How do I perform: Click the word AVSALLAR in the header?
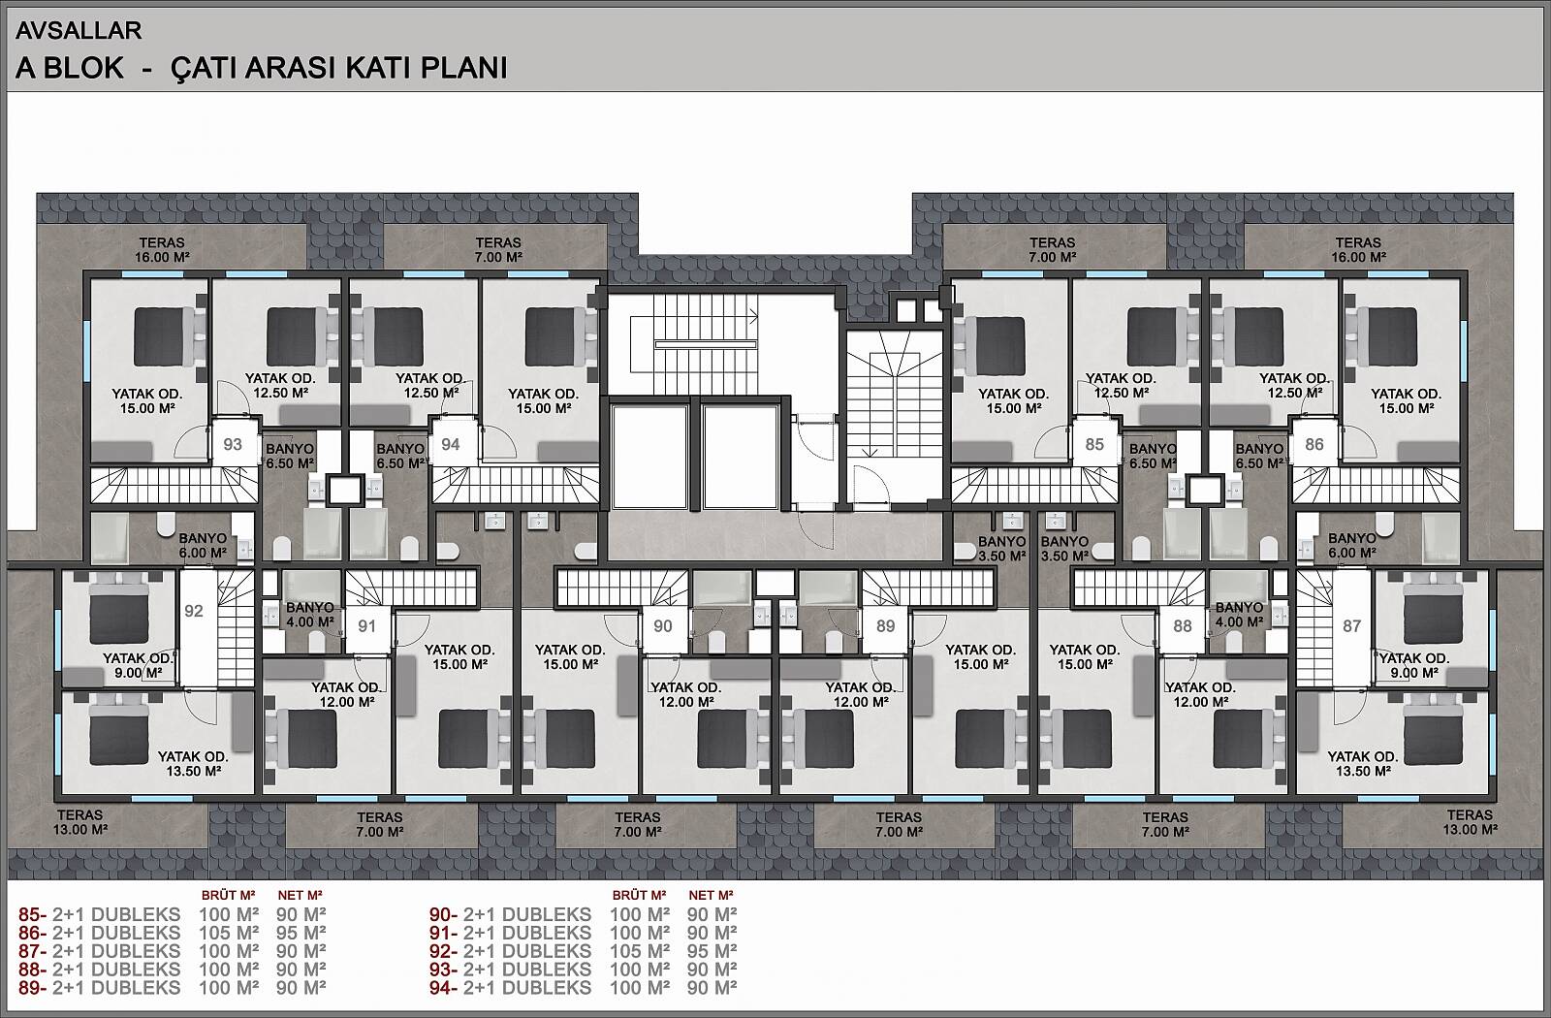[x=79, y=30]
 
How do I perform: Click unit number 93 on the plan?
[x=233, y=444]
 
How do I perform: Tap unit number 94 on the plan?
[x=450, y=444]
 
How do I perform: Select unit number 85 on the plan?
[x=1094, y=444]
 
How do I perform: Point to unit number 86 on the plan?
[x=1314, y=444]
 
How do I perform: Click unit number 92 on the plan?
[x=194, y=610]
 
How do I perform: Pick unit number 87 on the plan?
[x=1351, y=626]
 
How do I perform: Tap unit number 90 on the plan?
[x=663, y=626]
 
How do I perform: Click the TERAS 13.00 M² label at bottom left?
[x=80, y=822]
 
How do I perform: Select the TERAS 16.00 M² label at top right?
[x=1358, y=250]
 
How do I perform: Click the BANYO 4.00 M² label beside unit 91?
[x=310, y=615]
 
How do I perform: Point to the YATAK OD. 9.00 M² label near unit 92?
[x=138, y=665]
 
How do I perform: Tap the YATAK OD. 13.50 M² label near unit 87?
[x=1363, y=764]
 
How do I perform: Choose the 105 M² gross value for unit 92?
[x=640, y=951]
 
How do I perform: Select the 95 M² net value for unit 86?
[x=301, y=933]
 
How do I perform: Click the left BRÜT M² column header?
[x=229, y=896]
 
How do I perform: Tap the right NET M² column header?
[x=712, y=896]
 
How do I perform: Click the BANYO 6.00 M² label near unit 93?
[x=203, y=546]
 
